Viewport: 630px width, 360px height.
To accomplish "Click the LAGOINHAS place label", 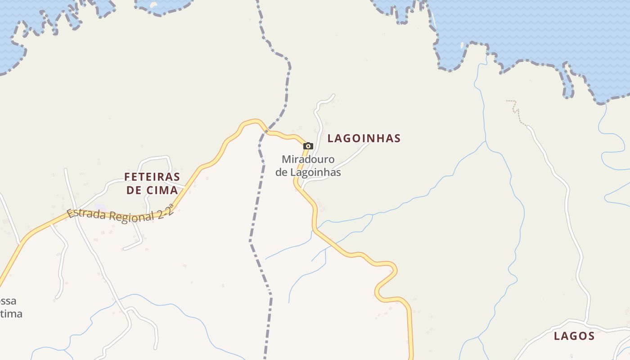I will click(x=364, y=138).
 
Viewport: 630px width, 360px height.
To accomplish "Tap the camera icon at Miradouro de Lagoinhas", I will click(x=308, y=146).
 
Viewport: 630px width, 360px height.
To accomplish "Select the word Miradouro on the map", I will click(x=308, y=159).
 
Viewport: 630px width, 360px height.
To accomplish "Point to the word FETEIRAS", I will click(x=152, y=176).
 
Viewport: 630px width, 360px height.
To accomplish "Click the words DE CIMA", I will click(x=152, y=190).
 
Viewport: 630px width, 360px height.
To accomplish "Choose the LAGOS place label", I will click(x=574, y=336).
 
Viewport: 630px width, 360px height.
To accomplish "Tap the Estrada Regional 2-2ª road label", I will click(x=120, y=216).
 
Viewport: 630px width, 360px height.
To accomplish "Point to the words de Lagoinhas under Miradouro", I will click(x=308, y=172).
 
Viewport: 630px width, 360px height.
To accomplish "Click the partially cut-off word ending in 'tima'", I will click(x=11, y=314).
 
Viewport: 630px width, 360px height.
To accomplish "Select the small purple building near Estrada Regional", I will click(x=100, y=207).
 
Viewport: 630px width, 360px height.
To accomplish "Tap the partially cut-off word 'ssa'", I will click(x=8, y=301).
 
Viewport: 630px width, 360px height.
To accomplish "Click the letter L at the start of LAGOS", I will click(x=557, y=336).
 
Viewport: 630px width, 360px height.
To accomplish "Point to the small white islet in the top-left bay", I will click(x=153, y=5).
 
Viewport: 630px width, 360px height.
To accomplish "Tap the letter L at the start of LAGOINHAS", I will click(x=331, y=138).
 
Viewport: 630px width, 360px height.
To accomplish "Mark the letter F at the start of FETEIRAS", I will click(x=127, y=176).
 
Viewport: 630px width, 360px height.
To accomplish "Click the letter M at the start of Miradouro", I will click(x=286, y=159).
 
